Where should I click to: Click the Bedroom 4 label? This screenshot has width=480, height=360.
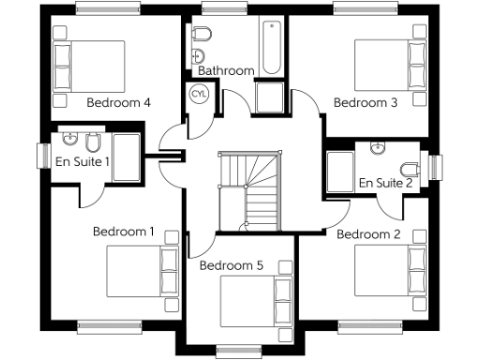pyautogui.click(x=118, y=102)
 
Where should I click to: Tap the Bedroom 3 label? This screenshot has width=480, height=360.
pyautogui.click(x=366, y=102)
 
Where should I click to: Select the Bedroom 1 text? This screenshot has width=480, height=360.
pyautogui.click(x=123, y=231)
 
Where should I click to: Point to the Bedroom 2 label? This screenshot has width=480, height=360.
pyautogui.click(x=368, y=233)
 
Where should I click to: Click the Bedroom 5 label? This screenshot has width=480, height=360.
pyautogui.click(x=231, y=265)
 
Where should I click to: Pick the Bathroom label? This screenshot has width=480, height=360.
pyautogui.click(x=225, y=70)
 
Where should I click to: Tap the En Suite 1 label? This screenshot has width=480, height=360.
pyautogui.click(x=82, y=162)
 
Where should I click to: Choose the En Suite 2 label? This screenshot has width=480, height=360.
pyautogui.click(x=386, y=183)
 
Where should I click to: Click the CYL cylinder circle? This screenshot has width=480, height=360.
pyautogui.click(x=199, y=95)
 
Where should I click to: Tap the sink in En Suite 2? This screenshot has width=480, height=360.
pyautogui.click(x=378, y=148)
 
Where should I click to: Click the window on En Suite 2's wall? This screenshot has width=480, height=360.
pyautogui.click(x=434, y=165)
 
